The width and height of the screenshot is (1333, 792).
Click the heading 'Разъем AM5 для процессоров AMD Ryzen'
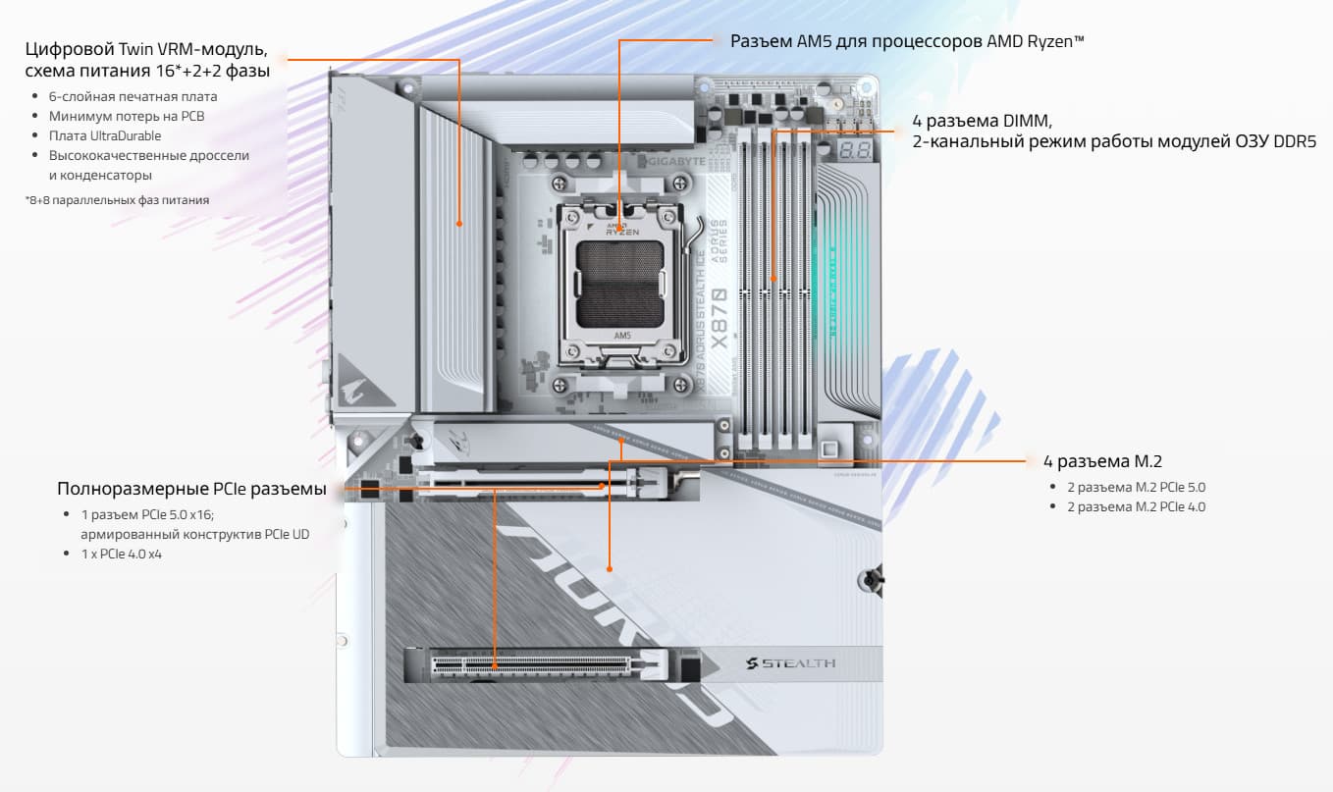[907, 41]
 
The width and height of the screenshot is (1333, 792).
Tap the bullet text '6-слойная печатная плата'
[133, 96]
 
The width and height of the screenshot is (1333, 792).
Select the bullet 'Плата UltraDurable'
[105, 135]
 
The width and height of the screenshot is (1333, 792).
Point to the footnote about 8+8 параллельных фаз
[117, 200]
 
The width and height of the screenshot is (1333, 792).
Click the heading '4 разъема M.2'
[1102, 461]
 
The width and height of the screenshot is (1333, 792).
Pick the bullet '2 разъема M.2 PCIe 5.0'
[1136, 488]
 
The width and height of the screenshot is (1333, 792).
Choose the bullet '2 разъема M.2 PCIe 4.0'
[1136, 507]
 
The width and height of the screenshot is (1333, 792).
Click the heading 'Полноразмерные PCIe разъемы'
[191, 489]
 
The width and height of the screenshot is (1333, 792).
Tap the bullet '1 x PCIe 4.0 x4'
[122, 554]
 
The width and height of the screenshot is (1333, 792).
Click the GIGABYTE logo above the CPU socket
[671, 161]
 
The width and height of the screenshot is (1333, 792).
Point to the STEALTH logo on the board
[791, 663]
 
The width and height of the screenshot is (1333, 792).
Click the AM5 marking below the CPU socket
[622, 336]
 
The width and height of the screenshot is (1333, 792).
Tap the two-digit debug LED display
[855, 149]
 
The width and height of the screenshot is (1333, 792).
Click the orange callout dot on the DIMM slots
[773, 279]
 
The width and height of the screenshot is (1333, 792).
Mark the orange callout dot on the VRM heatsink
[459, 224]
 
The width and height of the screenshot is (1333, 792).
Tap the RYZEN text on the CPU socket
[622, 232]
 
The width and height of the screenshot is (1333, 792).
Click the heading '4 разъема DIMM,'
[982, 121]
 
